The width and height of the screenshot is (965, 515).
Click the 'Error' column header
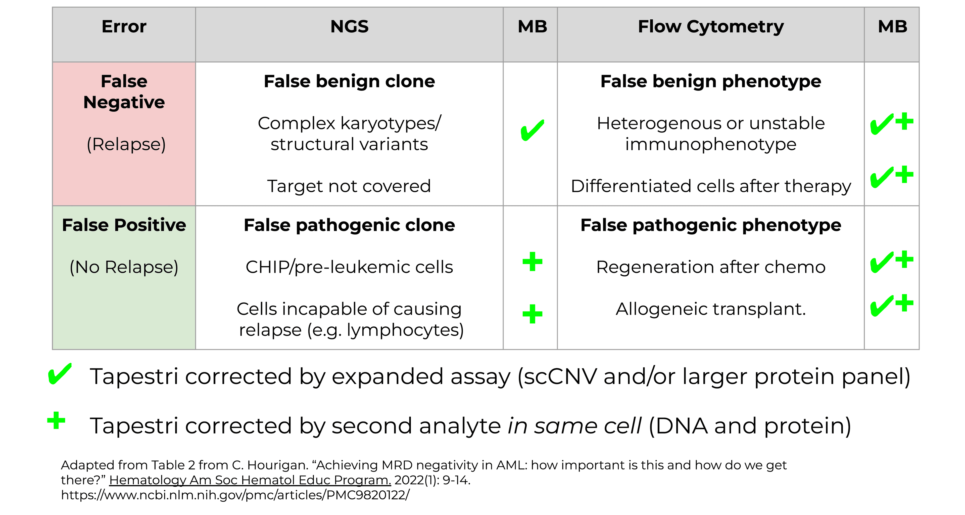tap(124, 27)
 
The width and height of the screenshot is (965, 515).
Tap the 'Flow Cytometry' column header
tap(711, 27)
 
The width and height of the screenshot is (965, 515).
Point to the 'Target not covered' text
tap(349, 186)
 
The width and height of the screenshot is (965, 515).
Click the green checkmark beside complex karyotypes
tap(532, 130)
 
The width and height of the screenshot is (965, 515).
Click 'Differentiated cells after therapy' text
tap(711, 187)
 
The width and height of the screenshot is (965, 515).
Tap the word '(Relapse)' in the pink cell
tap(126, 144)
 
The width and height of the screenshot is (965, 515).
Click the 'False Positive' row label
tap(124, 225)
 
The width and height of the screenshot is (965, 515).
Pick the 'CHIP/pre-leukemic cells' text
tap(349, 267)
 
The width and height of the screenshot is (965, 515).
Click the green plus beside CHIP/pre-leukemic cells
tap(532, 261)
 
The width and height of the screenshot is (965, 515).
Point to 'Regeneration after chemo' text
tap(711, 267)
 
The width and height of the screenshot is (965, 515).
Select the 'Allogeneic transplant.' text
tap(711, 309)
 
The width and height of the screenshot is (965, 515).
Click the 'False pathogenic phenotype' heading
tap(711, 226)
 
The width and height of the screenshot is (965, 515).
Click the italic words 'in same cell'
tap(575, 426)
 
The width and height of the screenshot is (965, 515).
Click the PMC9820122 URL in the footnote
tap(235, 495)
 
